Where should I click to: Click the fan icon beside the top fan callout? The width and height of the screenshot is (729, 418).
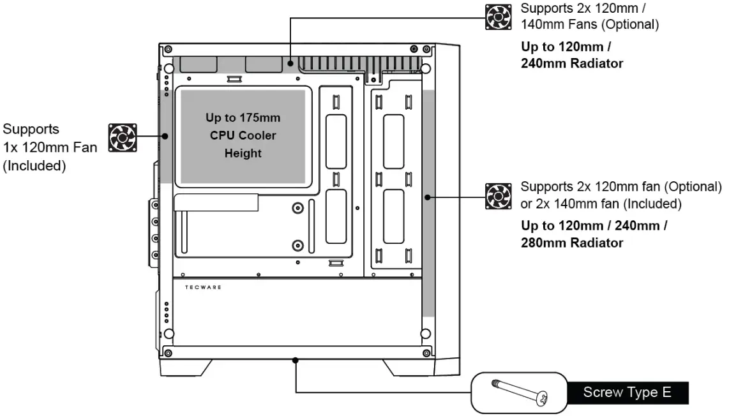click(499, 17)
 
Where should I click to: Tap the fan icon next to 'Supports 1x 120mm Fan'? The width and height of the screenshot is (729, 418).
click(123, 138)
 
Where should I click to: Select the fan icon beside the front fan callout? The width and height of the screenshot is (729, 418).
click(499, 196)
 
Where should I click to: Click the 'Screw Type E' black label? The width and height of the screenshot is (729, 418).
click(627, 392)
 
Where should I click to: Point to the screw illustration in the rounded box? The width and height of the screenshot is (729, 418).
click(520, 392)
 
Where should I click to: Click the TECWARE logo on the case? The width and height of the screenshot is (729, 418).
click(203, 287)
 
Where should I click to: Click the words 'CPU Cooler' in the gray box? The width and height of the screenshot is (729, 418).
click(243, 135)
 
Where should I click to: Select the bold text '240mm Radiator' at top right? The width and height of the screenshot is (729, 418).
click(572, 63)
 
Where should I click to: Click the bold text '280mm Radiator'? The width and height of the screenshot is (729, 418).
click(572, 243)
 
